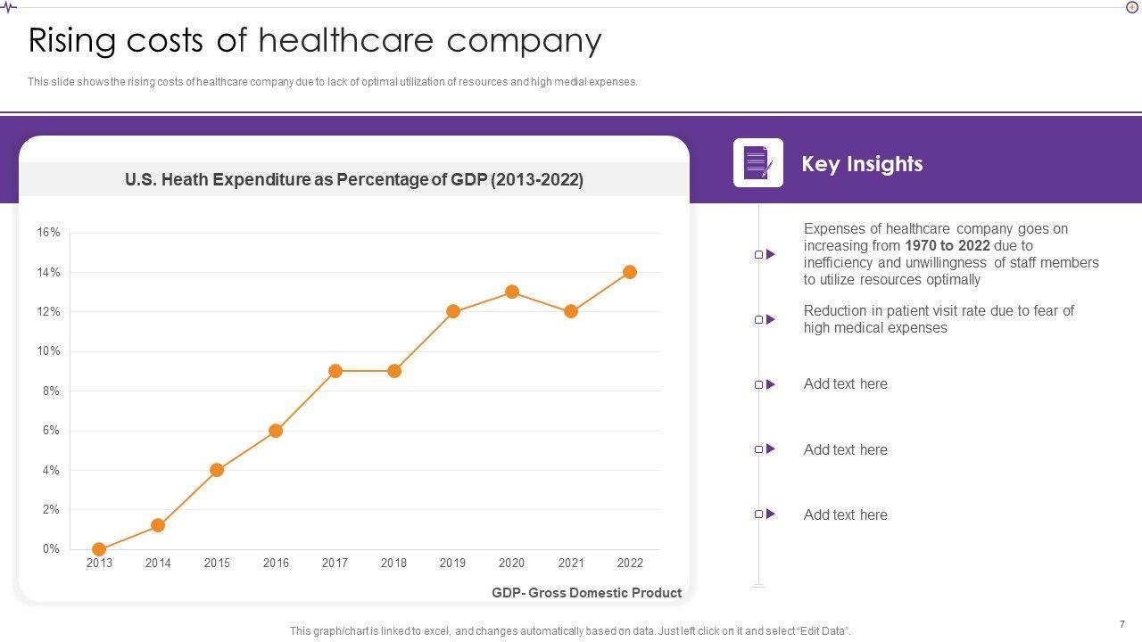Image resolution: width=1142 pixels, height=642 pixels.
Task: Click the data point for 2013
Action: tap(99, 549)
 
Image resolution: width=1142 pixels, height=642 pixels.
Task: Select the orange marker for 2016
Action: tap(276, 431)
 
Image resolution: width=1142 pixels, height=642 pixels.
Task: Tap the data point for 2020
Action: tap(512, 292)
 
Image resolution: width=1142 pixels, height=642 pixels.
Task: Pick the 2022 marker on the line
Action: tap(630, 272)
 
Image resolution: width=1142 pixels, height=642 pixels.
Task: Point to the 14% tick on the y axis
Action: tap(48, 272)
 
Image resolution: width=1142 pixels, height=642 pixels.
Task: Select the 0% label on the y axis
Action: tap(50, 549)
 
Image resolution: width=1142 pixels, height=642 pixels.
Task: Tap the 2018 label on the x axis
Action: tap(393, 564)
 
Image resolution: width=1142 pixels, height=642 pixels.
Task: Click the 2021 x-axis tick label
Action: tap(571, 564)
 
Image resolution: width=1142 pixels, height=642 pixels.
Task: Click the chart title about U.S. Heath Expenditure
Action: tap(354, 179)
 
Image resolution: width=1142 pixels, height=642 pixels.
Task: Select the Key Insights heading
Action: tap(862, 164)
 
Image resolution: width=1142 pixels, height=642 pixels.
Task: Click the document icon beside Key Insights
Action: tap(758, 163)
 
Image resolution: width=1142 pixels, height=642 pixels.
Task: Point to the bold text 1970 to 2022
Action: tap(947, 246)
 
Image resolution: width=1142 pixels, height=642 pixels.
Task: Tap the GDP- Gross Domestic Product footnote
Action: tap(586, 593)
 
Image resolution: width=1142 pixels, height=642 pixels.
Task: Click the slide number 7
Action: tap(1121, 624)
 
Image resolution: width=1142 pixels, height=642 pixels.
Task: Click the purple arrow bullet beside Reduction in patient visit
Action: tap(771, 319)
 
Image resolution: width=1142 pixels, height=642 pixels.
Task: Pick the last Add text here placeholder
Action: tap(845, 514)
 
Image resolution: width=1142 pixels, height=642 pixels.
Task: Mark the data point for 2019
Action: tap(453, 311)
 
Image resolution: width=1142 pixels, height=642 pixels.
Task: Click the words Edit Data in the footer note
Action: tap(818, 631)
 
